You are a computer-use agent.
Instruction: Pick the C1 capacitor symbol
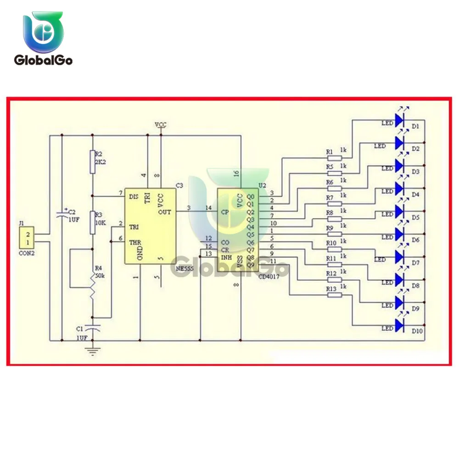click(x=93, y=328)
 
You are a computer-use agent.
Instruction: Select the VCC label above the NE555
click(x=161, y=125)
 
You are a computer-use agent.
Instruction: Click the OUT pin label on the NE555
click(x=165, y=212)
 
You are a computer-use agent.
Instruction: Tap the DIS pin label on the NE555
click(x=134, y=196)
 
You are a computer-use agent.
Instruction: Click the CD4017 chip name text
click(x=270, y=276)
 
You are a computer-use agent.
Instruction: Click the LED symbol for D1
click(x=399, y=121)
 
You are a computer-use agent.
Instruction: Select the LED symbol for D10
click(x=399, y=326)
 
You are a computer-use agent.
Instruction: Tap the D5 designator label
click(x=416, y=217)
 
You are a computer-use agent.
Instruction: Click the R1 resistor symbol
click(x=336, y=157)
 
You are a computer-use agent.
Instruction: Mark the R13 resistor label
click(x=331, y=288)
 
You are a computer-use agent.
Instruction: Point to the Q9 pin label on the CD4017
click(x=250, y=264)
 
